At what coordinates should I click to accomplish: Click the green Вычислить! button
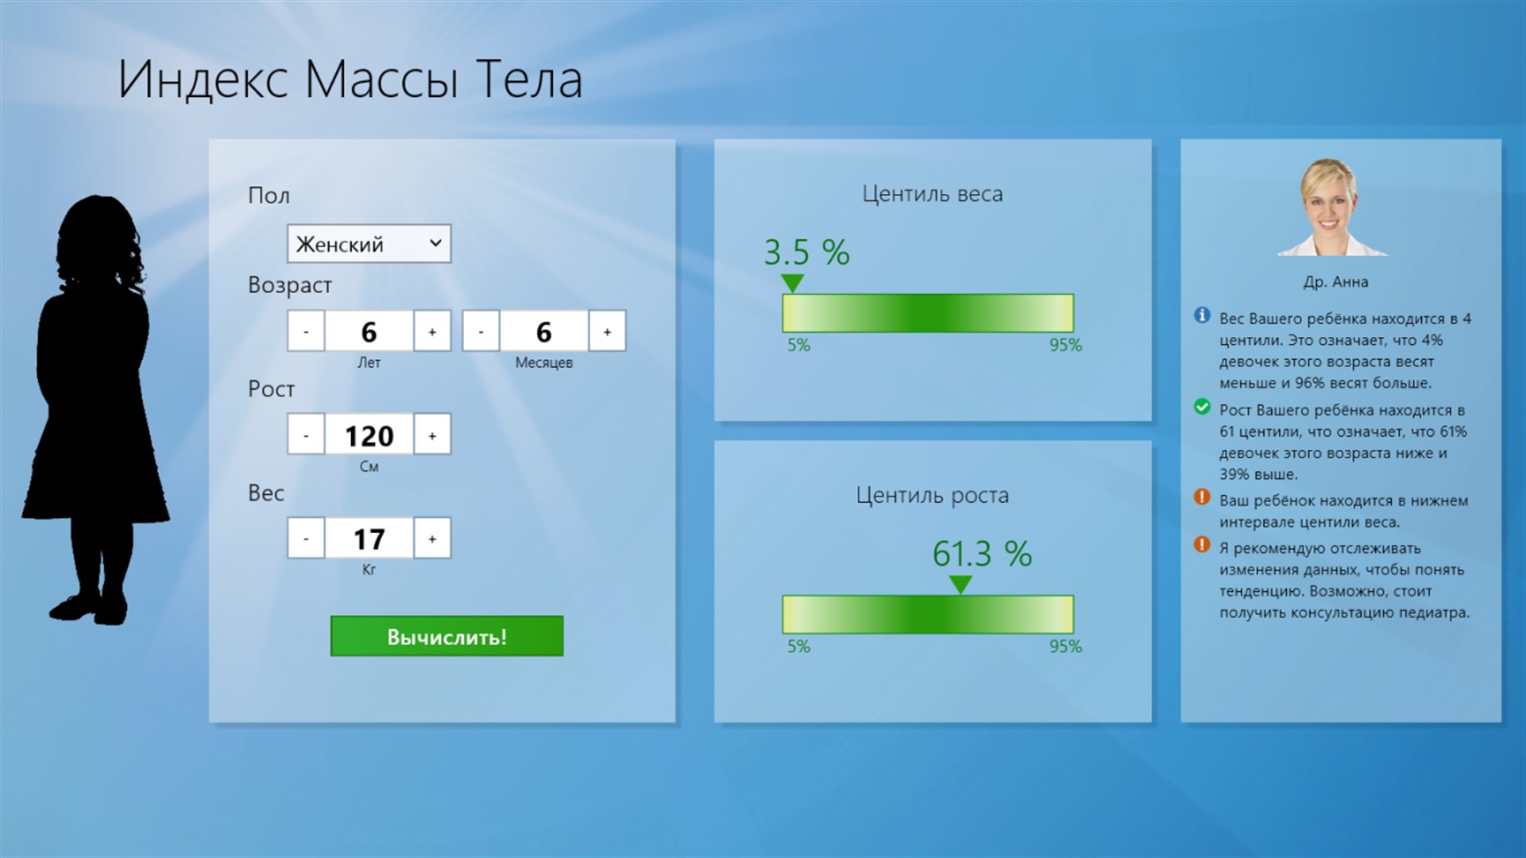(x=446, y=636)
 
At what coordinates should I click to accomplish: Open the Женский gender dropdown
(x=369, y=244)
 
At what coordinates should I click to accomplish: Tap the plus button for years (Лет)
(x=432, y=331)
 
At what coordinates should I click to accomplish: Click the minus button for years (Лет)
(x=306, y=331)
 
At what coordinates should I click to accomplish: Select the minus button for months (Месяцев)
(x=481, y=331)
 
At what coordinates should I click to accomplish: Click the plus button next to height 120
(x=432, y=435)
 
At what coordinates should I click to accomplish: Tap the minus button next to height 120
(x=306, y=435)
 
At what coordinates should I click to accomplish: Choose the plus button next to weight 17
(x=432, y=539)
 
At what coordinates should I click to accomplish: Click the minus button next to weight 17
(x=306, y=539)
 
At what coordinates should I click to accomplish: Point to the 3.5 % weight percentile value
(x=806, y=253)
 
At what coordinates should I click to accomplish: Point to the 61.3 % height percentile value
(x=982, y=554)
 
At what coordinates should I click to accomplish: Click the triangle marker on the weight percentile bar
(x=792, y=283)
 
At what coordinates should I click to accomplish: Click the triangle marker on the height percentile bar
(x=960, y=585)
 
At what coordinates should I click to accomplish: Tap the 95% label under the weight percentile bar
(x=1065, y=346)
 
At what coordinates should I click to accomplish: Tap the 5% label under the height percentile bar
(x=798, y=647)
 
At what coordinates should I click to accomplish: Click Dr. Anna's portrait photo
(x=1332, y=207)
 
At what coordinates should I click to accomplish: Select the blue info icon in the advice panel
(x=1202, y=316)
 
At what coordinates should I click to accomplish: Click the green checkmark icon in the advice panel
(x=1202, y=408)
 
